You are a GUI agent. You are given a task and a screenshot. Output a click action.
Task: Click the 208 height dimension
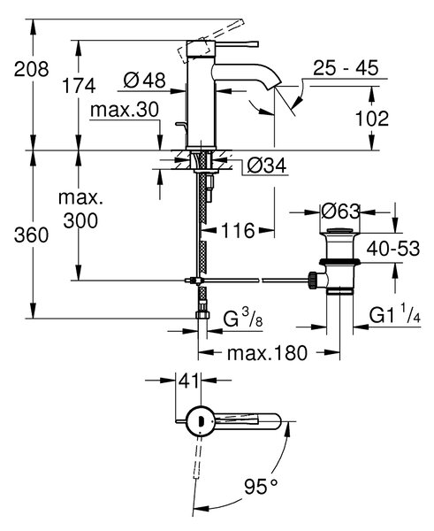click(x=32, y=69)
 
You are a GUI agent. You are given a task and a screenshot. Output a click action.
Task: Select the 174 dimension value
click(x=79, y=86)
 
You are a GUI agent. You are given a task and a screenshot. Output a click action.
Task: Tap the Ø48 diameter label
click(x=144, y=81)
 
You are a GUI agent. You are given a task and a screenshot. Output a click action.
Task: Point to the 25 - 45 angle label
click(x=346, y=68)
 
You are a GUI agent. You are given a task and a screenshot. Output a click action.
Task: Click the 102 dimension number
click(x=372, y=119)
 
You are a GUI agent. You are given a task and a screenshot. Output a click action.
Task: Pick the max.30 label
click(x=125, y=110)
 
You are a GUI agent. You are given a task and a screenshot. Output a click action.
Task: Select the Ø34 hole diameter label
click(x=267, y=165)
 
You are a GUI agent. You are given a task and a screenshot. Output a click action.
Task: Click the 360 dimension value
click(x=31, y=235)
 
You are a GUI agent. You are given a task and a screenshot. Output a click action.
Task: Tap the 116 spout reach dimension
click(x=238, y=231)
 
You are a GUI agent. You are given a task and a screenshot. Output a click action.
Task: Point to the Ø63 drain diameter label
click(x=340, y=212)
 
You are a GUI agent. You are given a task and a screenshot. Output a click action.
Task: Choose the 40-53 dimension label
click(x=393, y=249)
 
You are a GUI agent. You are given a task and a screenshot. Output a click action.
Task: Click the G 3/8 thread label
click(x=242, y=319)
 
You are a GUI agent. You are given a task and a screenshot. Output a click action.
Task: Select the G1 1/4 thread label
click(x=394, y=317)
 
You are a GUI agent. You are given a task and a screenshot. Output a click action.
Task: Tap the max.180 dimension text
click(x=267, y=353)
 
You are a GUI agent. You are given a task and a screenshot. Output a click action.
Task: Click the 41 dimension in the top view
click(x=188, y=381)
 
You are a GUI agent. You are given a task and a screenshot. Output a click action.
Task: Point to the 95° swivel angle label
click(x=261, y=487)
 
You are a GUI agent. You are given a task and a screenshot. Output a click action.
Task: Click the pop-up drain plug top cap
click(x=340, y=232)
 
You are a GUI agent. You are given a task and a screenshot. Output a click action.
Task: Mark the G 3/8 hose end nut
click(x=202, y=315)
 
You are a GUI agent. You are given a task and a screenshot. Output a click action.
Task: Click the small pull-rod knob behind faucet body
click(x=181, y=125)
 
